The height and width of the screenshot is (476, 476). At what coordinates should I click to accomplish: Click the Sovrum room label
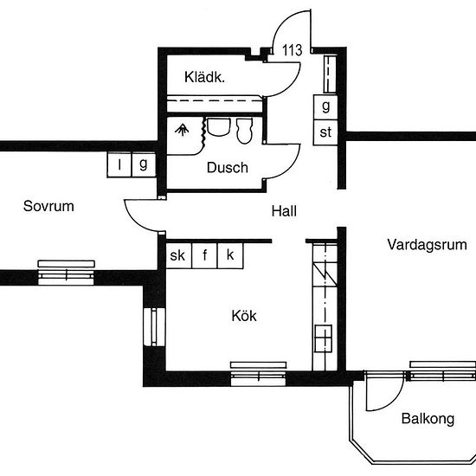click(48, 206)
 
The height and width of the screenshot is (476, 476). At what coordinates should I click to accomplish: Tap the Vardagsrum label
click(428, 245)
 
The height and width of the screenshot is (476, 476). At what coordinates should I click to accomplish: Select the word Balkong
click(428, 419)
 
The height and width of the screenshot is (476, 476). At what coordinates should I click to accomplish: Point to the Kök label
click(244, 316)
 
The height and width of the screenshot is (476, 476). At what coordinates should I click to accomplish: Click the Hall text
click(284, 211)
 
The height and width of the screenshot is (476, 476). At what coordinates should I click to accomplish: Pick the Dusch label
click(228, 168)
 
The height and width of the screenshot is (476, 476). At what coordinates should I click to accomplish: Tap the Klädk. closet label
click(204, 77)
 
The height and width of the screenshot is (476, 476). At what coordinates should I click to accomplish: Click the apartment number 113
click(292, 50)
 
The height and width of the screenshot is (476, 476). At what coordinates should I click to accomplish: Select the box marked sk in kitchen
click(179, 255)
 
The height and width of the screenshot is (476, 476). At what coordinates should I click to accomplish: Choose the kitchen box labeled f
click(204, 255)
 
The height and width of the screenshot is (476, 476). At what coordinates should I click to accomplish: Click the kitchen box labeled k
click(230, 255)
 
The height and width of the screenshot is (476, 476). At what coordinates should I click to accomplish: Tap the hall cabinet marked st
click(325, 132)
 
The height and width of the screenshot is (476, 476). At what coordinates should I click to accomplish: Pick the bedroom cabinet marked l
click(119, 164)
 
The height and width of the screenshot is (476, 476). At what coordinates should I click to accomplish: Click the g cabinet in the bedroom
click(144, 164)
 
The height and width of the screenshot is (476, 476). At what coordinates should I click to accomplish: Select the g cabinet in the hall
click(325, 107)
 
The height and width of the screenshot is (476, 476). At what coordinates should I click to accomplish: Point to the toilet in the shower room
click(244, 131)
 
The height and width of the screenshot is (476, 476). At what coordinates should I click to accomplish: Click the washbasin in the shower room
click(218, 127)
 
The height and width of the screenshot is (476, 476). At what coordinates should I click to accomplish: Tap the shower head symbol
click(182, 129)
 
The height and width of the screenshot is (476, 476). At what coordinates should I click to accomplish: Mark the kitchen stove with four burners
click(323, 338)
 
